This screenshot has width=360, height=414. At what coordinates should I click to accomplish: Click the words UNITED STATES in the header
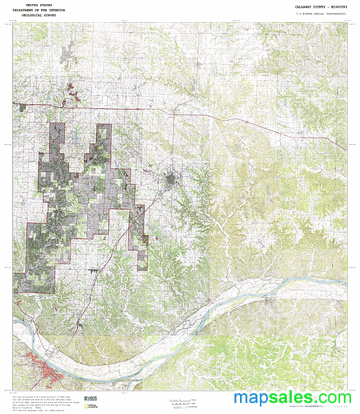point(39,5)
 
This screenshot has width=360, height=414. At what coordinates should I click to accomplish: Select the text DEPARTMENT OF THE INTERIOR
point(39,10)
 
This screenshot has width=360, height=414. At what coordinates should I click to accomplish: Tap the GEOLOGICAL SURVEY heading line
point(39,15)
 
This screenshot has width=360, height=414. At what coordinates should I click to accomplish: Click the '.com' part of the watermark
point(335,399)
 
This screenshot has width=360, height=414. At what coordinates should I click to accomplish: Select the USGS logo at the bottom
point(90,400)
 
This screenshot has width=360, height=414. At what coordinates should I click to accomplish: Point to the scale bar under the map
point(181,400)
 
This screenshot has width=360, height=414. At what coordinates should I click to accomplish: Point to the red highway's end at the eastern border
point(344,147)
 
